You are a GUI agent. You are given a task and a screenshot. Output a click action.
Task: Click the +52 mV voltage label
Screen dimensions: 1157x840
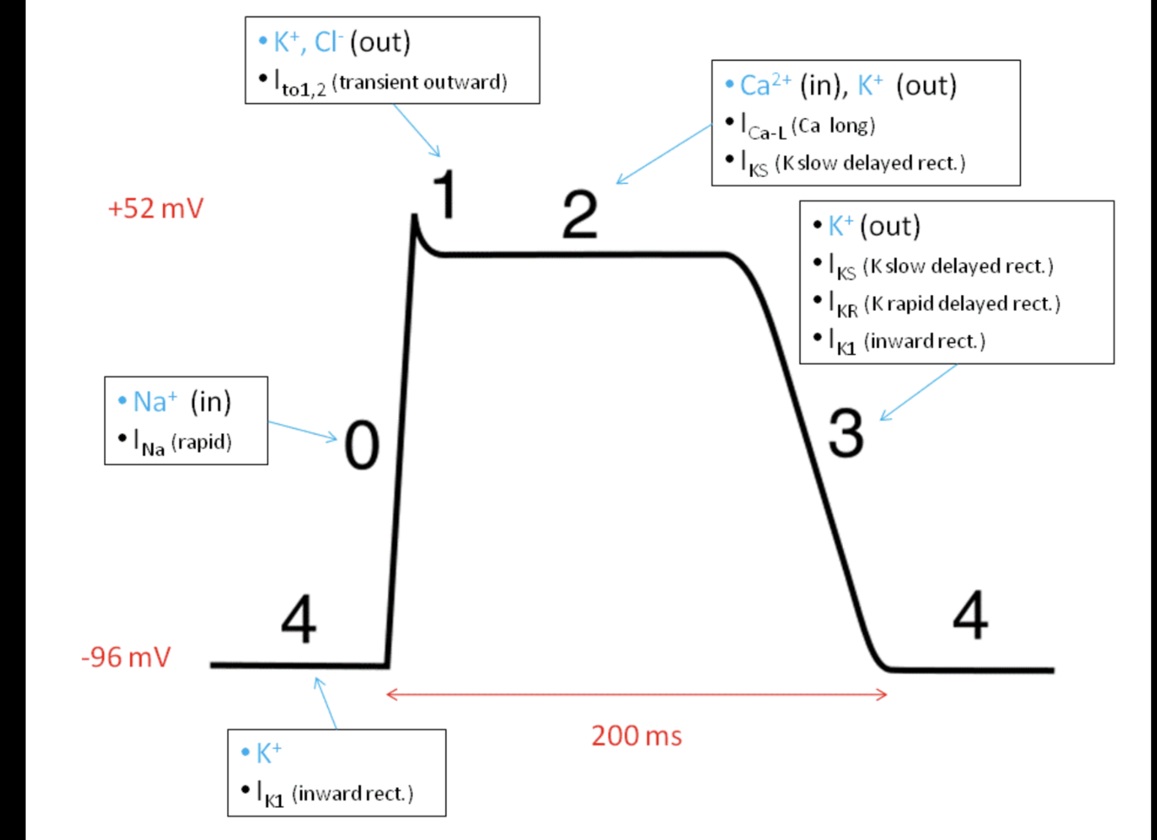pyautogui.click(x=155, y=209)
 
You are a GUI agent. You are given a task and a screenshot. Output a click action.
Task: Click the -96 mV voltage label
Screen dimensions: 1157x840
pyautogui.click(x=126, y=657)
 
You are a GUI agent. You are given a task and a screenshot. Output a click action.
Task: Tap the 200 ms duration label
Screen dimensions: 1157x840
pyautogui.click(x=637, y=736)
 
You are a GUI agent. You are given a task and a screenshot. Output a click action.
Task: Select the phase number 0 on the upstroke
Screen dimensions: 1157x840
pyautogui.click(x=362, y=445)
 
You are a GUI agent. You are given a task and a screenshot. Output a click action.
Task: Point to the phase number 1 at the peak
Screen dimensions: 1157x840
pyautogui.click(x=445, y=194)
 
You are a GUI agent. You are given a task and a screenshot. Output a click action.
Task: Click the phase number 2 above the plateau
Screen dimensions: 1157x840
pyautogui.click(x=579, y=214)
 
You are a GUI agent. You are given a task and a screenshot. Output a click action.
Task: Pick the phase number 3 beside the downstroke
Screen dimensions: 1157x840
pyautogui.click(x=846, y=433)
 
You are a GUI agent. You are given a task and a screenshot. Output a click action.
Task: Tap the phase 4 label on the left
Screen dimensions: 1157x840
pyautogui.click(x=298, y=620)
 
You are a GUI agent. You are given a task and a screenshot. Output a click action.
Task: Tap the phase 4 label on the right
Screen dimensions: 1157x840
pyautogui.click(x=970, y=615)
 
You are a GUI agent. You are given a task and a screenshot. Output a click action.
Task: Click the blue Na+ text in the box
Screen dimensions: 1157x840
pyautogui.click(x=154, y=402)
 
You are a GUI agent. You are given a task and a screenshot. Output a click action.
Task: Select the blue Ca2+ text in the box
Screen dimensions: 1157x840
pyautogui.click(x=765, y=85)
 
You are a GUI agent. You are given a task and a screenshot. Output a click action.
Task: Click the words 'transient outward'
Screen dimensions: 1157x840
pyautogui.click(x=419, y=82)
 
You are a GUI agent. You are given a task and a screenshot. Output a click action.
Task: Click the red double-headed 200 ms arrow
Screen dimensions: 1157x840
pyautogui.click(x=637, y=693)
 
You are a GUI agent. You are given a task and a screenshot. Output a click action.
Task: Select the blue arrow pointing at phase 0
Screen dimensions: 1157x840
pyautogui.click(x=303, y=430)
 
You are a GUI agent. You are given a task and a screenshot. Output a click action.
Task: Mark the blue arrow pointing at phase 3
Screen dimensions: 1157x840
pyautogui.click(x=918, y=392)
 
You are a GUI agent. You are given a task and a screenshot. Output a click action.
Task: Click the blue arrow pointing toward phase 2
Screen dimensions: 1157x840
pyautogui.click(x=663, y=154)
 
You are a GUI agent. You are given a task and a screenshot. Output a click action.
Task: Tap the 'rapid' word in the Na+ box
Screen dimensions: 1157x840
pyautogui.click(x=201, y=443)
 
